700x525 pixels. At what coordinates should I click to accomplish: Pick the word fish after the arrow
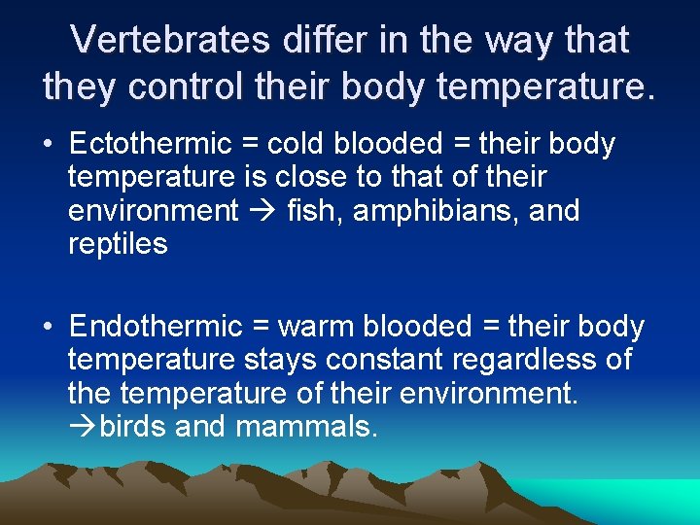tap(309, 211)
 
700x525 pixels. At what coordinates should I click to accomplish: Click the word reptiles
tap(118, 244)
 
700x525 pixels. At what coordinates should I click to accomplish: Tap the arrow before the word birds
tap(83, 426)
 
